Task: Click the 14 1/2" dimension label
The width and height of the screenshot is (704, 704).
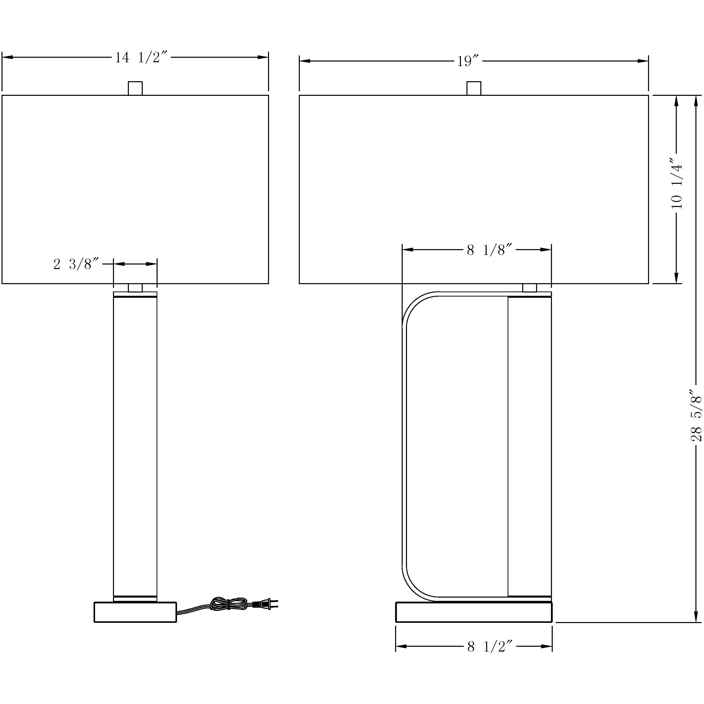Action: point(141,57)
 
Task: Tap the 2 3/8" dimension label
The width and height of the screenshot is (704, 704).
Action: point(76,264)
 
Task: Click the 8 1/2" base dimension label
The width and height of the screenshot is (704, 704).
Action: point(490,647)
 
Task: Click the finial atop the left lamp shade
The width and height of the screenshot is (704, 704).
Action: point(135,88)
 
